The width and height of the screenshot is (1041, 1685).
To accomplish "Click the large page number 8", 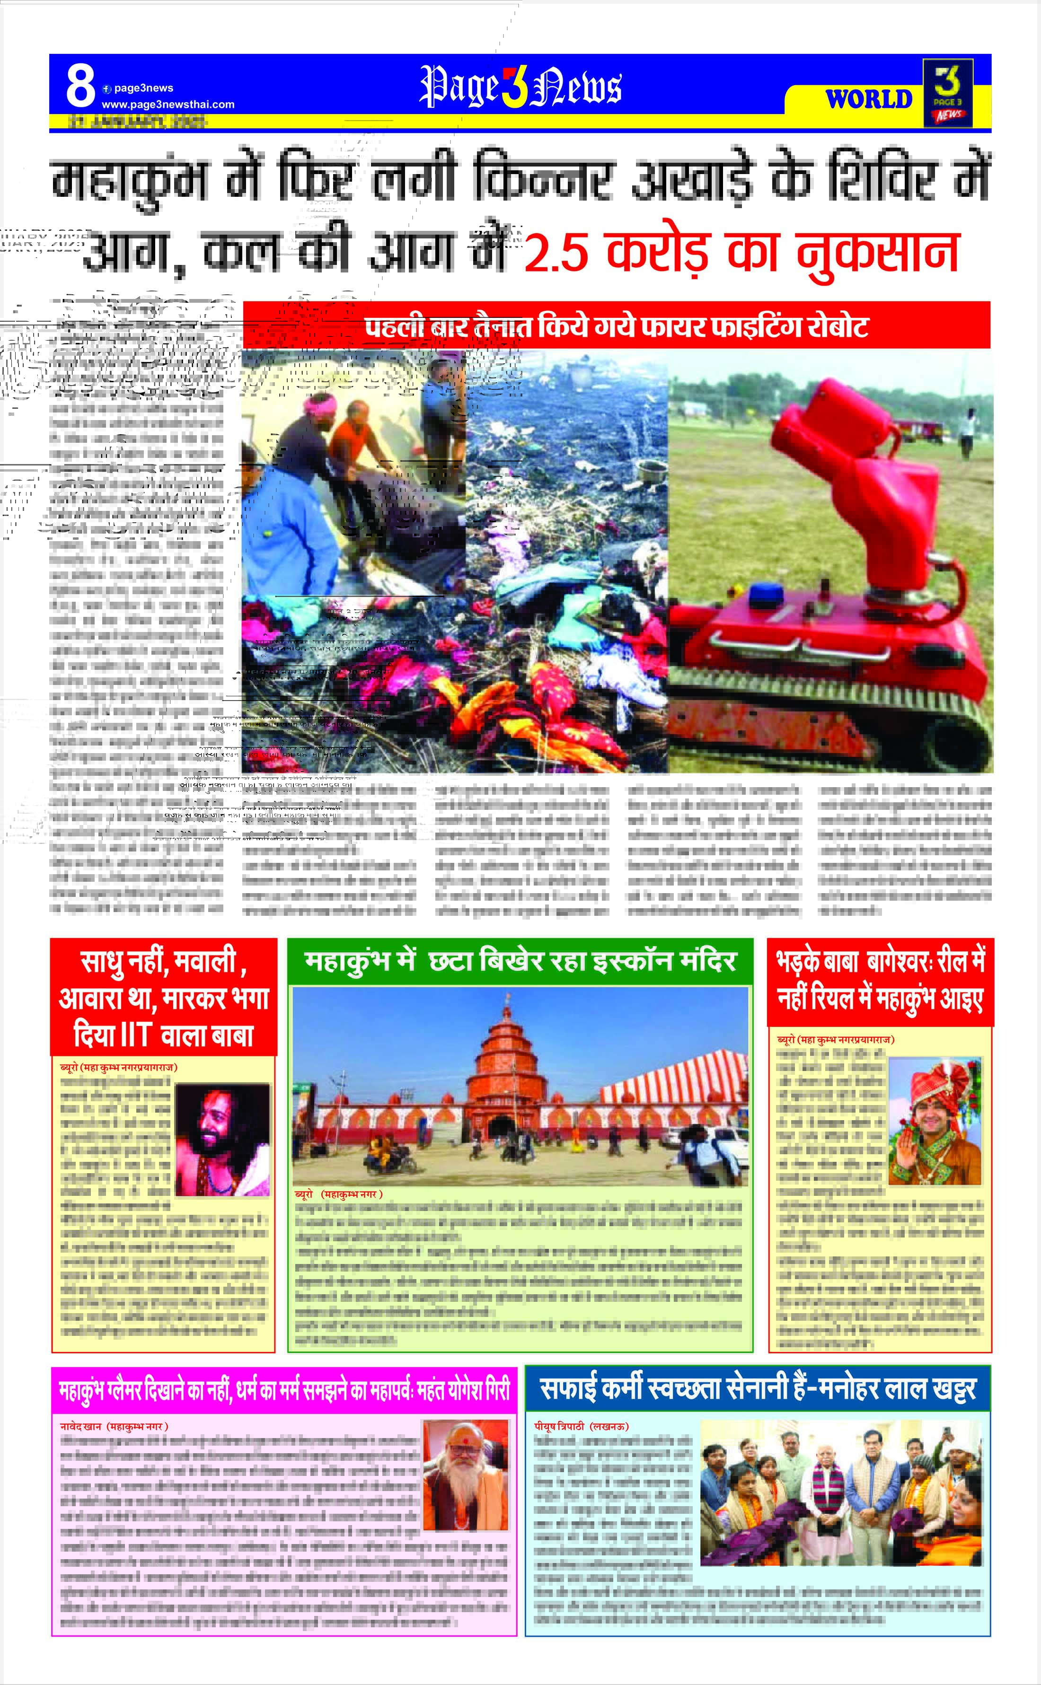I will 80,87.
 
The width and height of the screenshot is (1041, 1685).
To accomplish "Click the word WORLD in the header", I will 869,99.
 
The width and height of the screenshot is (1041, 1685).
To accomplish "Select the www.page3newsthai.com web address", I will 168,105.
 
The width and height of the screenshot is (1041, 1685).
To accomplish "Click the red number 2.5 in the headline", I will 556,253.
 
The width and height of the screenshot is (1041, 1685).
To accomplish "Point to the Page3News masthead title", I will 520,88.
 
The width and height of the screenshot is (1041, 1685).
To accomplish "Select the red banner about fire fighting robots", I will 616,325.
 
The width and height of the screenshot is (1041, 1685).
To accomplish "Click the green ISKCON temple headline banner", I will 520,961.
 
